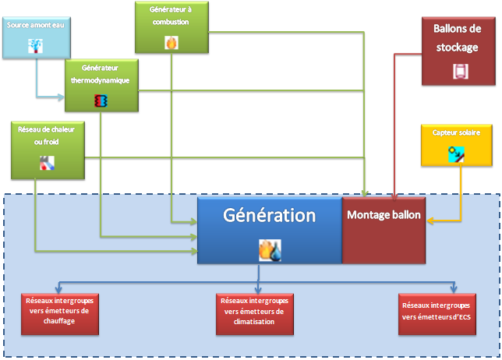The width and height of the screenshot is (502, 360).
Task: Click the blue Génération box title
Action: (x=269, y=215)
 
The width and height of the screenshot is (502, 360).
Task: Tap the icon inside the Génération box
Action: (x=270, y=249)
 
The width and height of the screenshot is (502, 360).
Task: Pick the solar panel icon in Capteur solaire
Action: (x=457, y=154)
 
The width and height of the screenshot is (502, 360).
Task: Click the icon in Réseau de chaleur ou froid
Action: (x=48, y=163)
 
